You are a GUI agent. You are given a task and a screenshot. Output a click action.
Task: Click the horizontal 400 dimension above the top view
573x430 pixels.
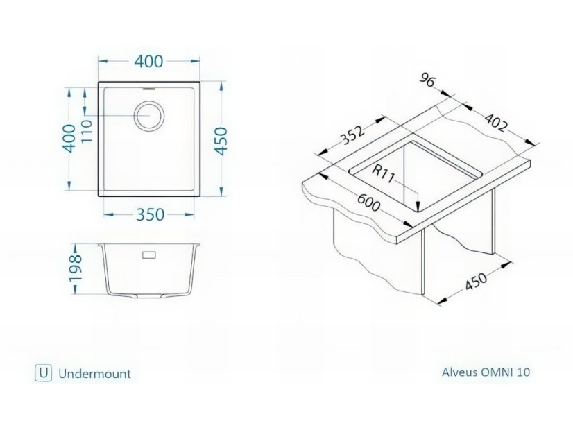149,61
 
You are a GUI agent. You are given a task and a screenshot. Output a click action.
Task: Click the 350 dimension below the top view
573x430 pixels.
149,214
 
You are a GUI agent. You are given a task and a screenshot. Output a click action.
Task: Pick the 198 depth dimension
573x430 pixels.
77,268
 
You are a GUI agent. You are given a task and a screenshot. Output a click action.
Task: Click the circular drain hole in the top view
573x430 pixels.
147,115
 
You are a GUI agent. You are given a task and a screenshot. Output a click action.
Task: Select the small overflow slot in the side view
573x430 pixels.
148,255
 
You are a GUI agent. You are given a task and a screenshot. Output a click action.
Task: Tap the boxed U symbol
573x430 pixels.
42,372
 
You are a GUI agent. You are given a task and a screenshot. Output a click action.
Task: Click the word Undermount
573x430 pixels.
94,373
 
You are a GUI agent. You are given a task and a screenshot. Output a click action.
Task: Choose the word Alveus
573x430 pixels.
459,372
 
